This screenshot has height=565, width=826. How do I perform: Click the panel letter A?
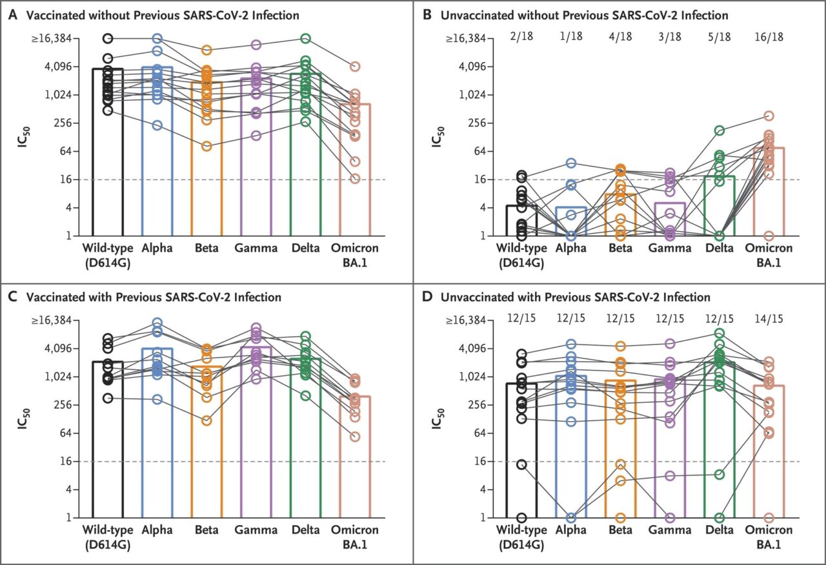(x=12, y=15)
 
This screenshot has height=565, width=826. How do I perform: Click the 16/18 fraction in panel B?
(x=769, y=39)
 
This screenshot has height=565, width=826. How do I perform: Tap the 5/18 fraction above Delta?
(x=720, y=39)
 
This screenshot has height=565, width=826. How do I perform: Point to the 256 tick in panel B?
(x=476, y=123)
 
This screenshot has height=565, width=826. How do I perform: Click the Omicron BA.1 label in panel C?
(x=355, y=536)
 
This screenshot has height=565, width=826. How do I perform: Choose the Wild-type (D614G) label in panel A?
(x=107, y=254)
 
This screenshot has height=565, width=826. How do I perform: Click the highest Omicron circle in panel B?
(x=769, y=116)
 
